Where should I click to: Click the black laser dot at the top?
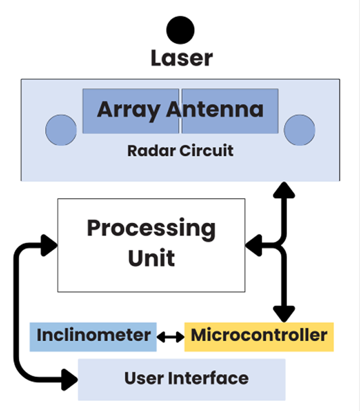click(180, 29)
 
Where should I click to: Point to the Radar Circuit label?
click(180, 150)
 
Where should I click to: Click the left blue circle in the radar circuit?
click(61, 130)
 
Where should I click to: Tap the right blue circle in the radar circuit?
click(299, 130)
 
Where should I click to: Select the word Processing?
click(151, 228)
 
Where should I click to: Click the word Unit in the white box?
click(151, 257)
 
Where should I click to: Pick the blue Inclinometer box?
click(93, 336)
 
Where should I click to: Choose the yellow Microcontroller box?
click(259, 336)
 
